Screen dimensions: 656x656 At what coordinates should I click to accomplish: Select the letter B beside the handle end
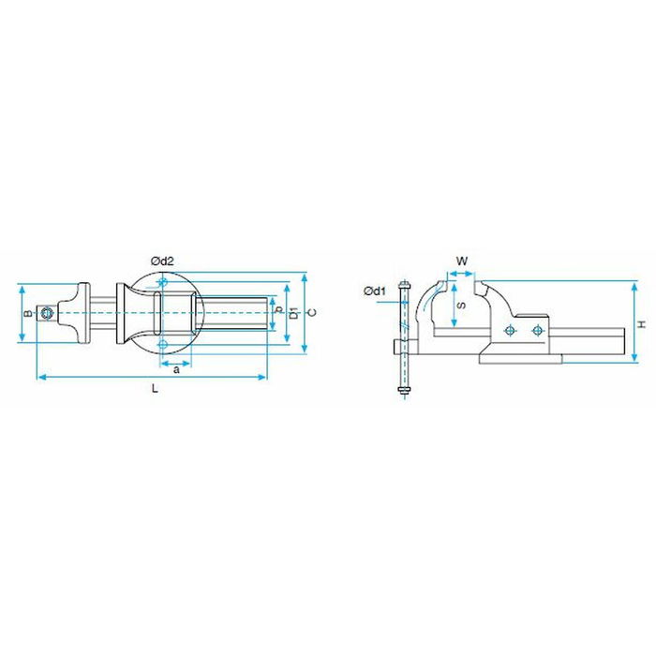tap(28, 313)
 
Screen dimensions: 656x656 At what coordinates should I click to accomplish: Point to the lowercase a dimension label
tap(176, 370)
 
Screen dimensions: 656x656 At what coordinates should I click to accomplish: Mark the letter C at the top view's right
tap(312, 312)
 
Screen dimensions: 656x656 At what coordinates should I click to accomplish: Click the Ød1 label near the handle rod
tap(375, 291)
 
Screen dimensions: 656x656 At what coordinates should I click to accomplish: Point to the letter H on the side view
tap(641, 323)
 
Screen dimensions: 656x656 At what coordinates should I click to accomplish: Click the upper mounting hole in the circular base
tap(163, 282)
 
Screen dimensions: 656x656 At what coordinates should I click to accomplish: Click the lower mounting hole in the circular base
tap(163, 345)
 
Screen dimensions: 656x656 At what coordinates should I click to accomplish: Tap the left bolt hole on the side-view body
tap(509, 331)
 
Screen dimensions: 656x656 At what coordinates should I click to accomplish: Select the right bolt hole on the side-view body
tap(536, 331)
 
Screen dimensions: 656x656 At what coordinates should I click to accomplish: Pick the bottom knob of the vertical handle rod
tap(404, 389)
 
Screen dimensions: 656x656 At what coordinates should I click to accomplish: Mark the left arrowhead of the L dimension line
tap(39, 378)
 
